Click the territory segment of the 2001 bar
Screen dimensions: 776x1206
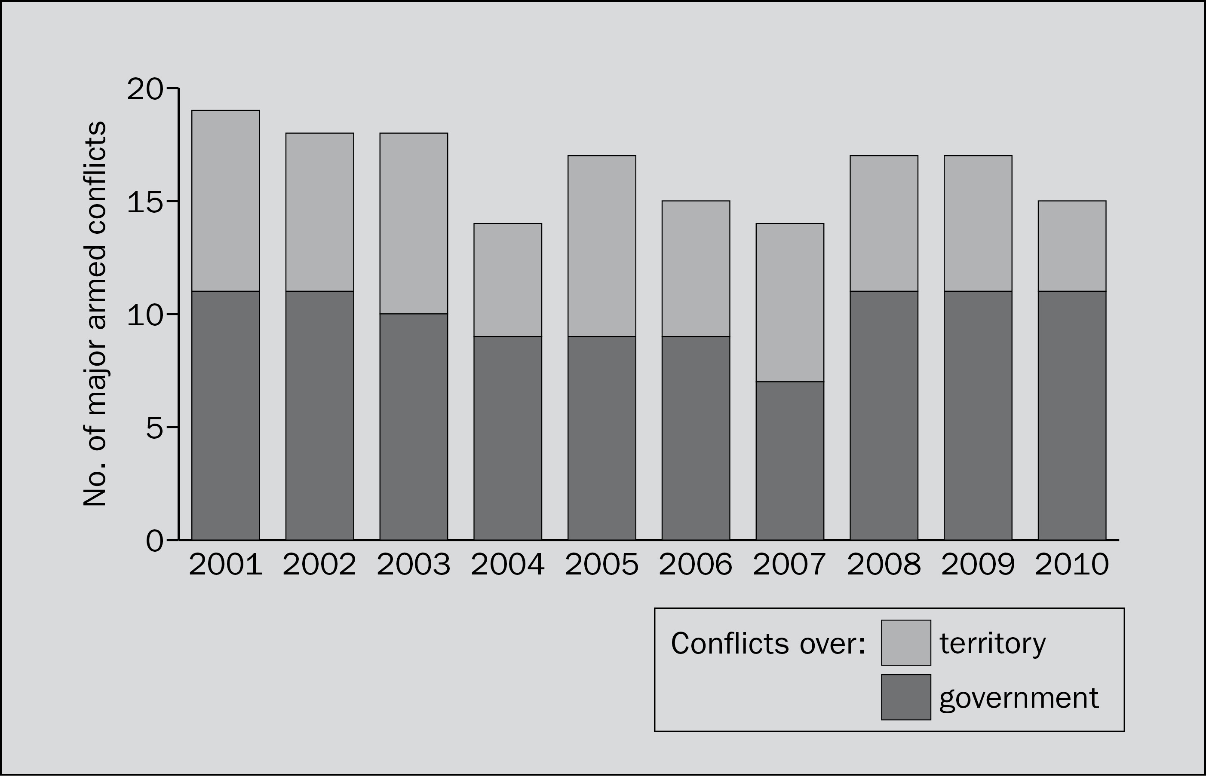tap(225, 201)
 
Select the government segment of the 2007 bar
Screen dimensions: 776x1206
tap(789, 461)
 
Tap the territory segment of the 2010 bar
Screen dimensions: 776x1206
tap(1072, 246)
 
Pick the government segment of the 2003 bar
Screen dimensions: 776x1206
tap(414, 427)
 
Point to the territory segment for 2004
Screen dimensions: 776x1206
tap(508, 280)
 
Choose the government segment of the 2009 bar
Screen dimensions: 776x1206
tap(978, 415)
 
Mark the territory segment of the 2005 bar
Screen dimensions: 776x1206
tap(601, 246)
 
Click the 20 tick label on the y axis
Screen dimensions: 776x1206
tap(145, 90)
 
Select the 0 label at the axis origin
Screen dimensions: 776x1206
tap(155, 542)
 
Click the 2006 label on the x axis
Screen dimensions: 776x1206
tap(695, 564)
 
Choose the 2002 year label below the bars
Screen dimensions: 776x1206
tap(319, 564)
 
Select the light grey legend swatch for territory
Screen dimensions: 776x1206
tap(906, 643)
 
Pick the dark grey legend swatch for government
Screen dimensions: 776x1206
tap(906, 697)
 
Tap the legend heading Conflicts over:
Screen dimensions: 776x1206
tap(768, 644)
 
